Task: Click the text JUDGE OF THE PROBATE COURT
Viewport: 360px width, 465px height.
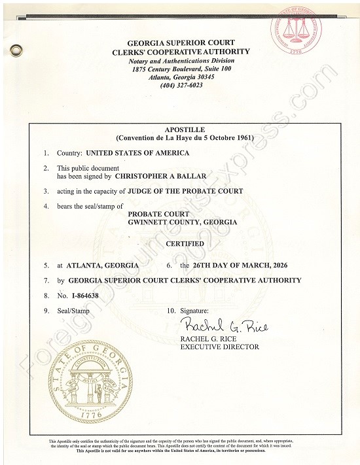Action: (x=187, y=191)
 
